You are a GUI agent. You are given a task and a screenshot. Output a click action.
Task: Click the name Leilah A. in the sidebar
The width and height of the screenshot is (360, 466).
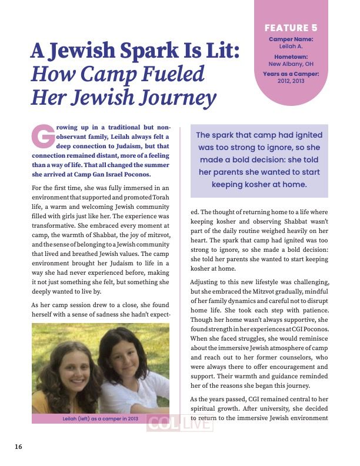click(291, 46)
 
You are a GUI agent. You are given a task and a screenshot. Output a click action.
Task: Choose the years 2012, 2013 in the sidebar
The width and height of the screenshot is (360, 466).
click(291, 81)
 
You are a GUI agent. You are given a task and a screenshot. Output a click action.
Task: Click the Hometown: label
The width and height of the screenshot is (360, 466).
click(291, 56)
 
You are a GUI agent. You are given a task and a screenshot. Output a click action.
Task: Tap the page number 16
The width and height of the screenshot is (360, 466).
click(19, 447)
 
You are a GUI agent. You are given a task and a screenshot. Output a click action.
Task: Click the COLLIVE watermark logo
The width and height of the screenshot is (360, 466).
click(179, 424)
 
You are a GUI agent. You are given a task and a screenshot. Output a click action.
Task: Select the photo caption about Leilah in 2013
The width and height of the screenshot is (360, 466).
click(100, 418)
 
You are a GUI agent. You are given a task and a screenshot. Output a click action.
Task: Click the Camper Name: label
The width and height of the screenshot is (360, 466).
click(291, 39)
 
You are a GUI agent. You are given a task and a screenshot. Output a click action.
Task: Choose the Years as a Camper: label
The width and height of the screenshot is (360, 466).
click(291, 74)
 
